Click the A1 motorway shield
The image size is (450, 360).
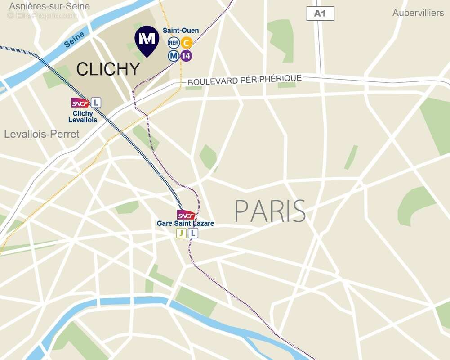click(x=320, y=13)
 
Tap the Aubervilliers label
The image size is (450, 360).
click(x=418, y=13)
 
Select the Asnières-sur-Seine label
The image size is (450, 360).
click(x=49, y=6)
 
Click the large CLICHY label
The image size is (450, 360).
click(x=108, y=69)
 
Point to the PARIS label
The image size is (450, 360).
click(x=270, y=211)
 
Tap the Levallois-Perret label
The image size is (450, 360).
click(x=42, y=134)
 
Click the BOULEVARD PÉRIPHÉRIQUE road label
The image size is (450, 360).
click(x=245, y=81)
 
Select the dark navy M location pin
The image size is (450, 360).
click(x=147, y=40)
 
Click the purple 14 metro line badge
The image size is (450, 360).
click(x=186, y=56)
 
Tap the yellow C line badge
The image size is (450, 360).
click(x=186, y=43)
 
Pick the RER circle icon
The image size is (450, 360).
click(x=174, y=43)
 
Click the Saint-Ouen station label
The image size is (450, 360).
click(x=178, y=31)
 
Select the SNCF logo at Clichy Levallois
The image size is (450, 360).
click(x=80, y=103)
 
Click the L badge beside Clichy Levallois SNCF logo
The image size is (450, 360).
click(x=95, y=103)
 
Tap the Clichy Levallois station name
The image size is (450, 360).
click(x=83, y=117)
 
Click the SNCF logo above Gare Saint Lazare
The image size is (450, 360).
click(x=186, y=215)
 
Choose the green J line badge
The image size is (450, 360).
click(x=181, y=233)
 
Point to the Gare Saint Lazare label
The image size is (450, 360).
click(x=185, y=224)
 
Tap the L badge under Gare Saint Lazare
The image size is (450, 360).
click(x=192, y=233)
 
